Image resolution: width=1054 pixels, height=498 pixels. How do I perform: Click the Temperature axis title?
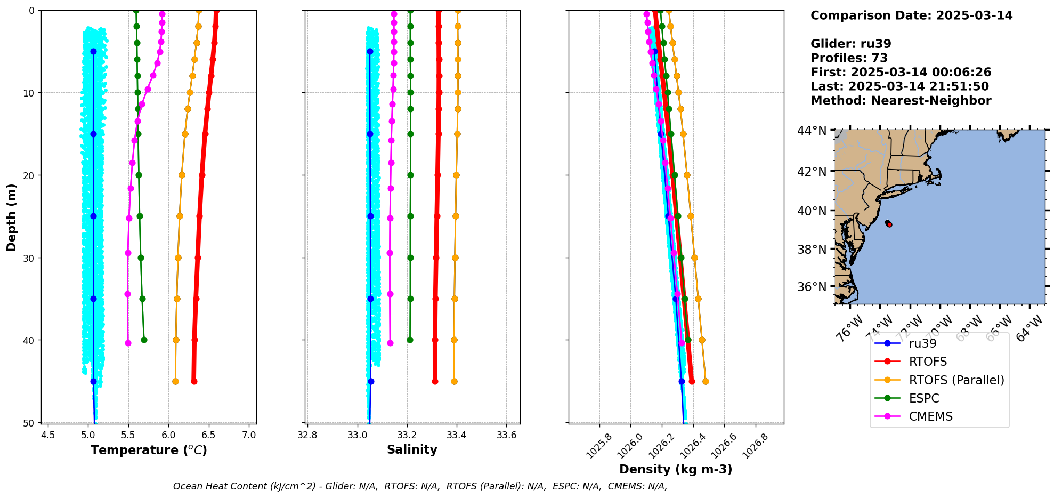[149, 450]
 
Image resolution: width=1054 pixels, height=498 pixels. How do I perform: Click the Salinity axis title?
[412, 449]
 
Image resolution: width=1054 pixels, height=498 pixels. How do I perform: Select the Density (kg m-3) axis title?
[676, 469]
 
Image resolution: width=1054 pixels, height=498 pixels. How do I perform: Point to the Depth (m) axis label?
[11, 217]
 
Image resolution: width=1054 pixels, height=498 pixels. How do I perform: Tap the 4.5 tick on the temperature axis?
[48, 435]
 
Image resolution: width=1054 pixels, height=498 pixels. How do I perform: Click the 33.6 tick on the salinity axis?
[506, 435]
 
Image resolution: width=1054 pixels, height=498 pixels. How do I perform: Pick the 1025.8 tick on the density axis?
[599, 446]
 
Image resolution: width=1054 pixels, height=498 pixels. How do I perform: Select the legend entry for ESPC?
[923, 398]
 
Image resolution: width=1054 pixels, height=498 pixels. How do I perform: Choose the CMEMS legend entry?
[930, 416]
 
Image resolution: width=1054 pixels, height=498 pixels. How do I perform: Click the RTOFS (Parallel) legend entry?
[956, 380]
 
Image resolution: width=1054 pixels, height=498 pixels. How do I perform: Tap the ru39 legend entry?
[922, 343]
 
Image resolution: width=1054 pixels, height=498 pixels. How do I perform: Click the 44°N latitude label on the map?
[812, 131]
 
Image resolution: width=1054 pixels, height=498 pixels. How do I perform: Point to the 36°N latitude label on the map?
[812, 287]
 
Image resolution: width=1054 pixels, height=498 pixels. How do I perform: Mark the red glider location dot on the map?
[889, 224]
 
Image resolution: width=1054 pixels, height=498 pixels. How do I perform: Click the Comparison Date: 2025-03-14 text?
[911, 15]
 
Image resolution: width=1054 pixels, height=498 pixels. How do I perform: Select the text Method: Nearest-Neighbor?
[901, 101]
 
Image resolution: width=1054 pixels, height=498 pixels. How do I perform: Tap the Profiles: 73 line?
[849, 58]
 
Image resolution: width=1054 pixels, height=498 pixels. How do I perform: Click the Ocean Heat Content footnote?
[420, 486]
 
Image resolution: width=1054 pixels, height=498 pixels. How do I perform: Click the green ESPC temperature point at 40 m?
[144, 340]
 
